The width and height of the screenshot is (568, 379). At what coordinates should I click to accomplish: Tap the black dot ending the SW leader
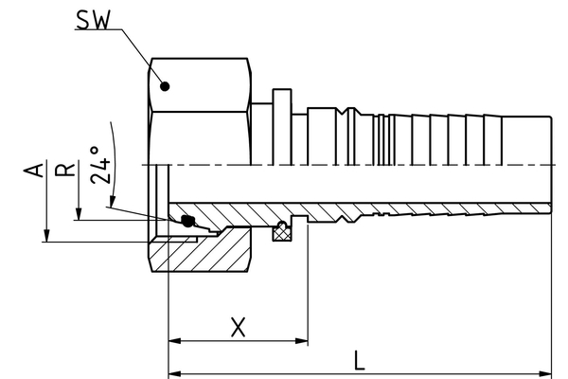(165, 86)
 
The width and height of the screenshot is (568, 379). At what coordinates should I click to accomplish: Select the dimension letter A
(35, 171)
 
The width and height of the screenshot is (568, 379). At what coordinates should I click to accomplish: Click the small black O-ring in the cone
(187, 223)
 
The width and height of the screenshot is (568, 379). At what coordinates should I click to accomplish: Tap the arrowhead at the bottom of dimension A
(46, 235)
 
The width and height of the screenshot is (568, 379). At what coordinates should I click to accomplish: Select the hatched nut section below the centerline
(204, 251)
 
